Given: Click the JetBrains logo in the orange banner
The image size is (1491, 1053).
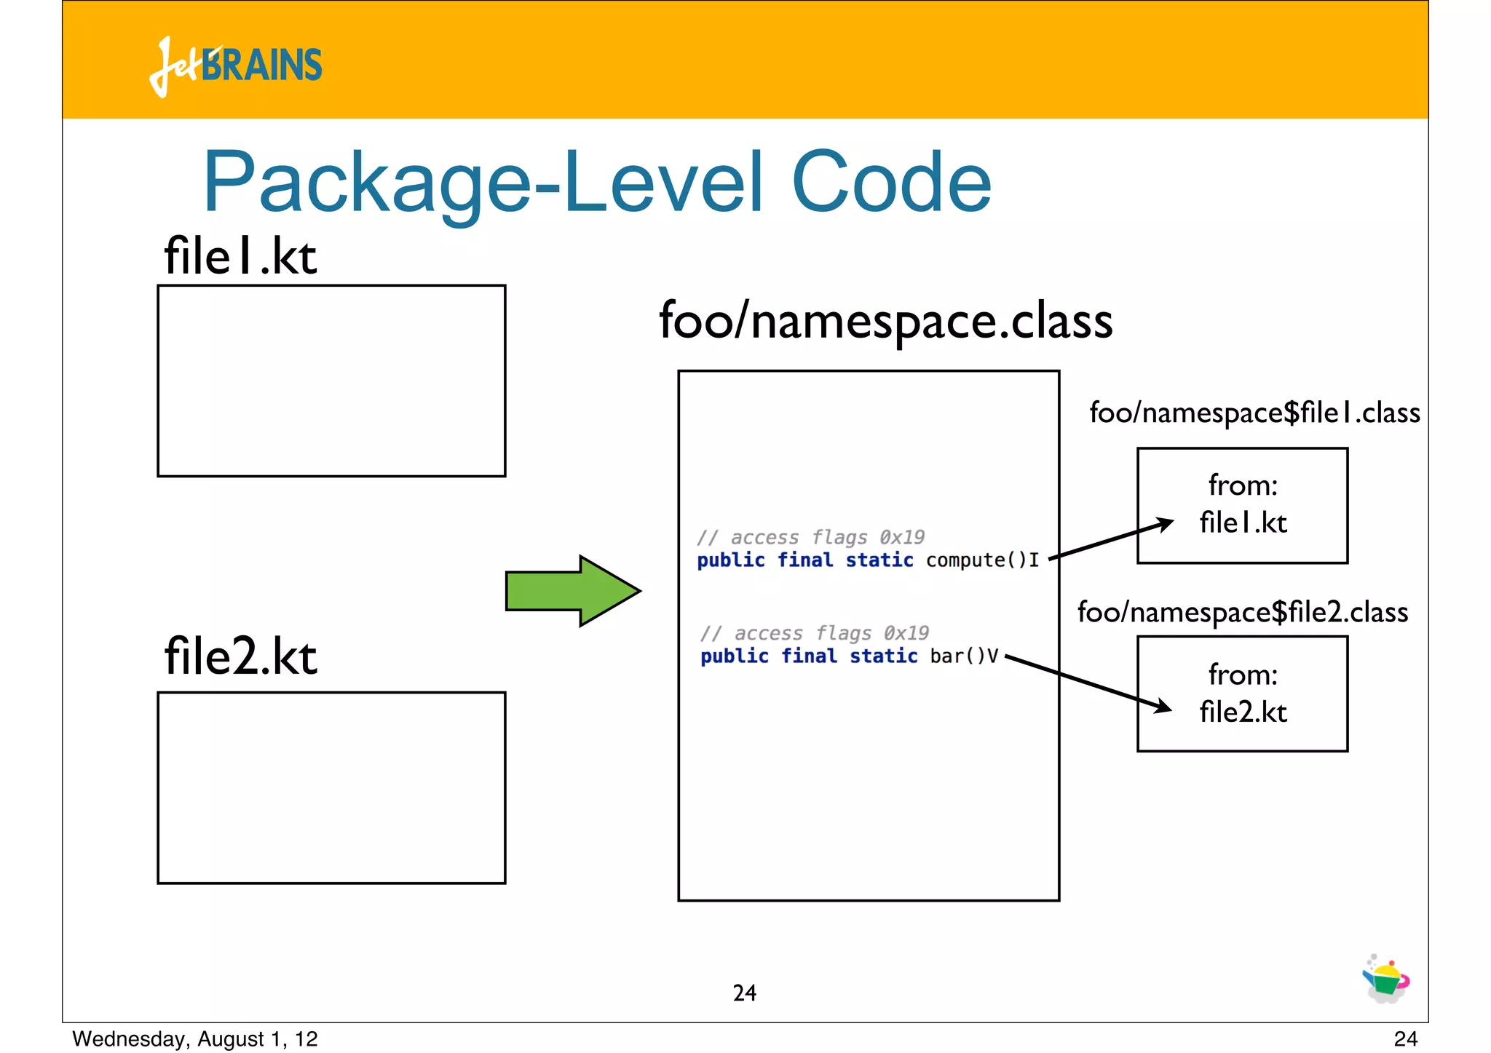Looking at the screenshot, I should click(x=235, y=65).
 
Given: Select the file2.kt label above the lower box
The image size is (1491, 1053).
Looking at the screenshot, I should click(x=240, y=656).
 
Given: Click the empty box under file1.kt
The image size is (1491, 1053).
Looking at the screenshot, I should click(x=331, y=381).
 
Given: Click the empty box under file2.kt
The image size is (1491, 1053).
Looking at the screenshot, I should click(x=331, y=787).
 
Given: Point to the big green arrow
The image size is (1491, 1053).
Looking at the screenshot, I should click(x=572, y=591).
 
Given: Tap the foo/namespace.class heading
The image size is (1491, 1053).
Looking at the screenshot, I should click(x=885, y=320).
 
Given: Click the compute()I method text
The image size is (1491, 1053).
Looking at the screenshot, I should click(x=981, y=560).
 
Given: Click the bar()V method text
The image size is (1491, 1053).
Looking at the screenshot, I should click(x=963, y=656).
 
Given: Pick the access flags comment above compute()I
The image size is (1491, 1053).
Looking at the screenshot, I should click(x=810, y=537).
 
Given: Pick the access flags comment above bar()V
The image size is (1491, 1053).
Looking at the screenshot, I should click(x=814, y=633).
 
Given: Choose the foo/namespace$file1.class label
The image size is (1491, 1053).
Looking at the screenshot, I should click(x=1254, y=413).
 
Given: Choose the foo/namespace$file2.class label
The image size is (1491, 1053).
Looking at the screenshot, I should click(x=1242, y=612).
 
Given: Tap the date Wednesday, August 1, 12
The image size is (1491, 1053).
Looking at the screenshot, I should click(x=195, y=1038).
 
